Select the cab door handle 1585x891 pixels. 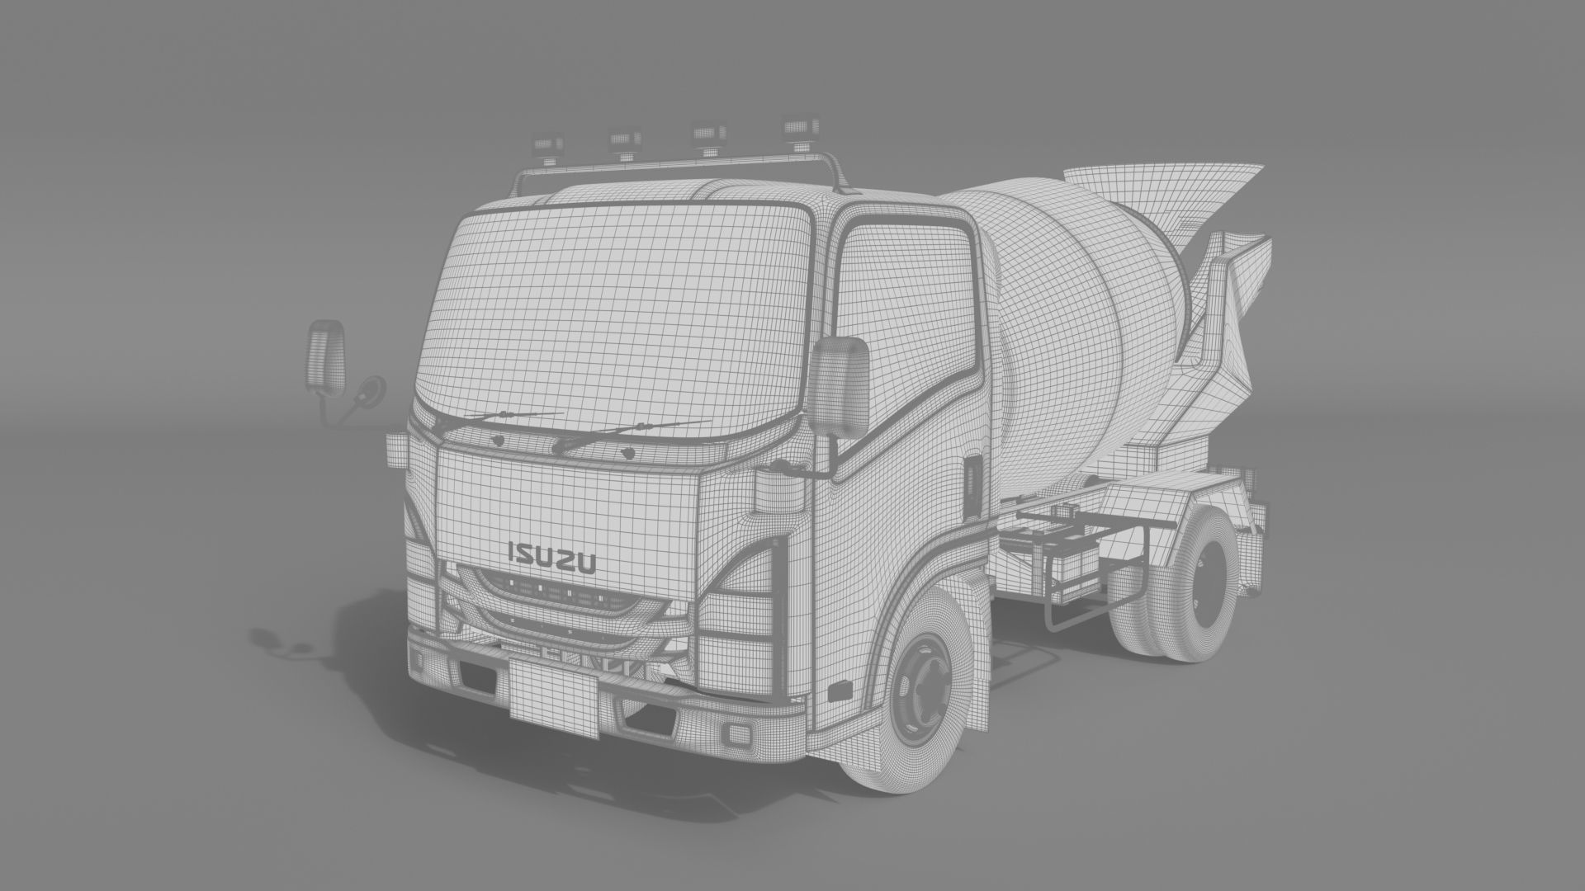point(972,478)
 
